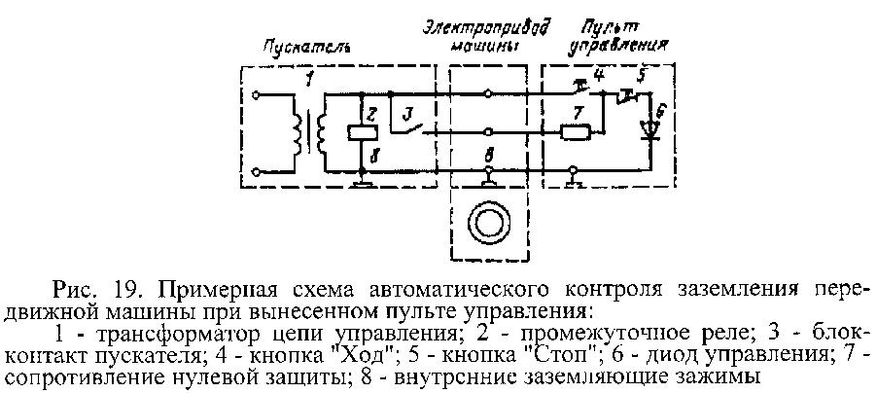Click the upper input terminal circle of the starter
(x=255, y=95)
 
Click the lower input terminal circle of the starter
(x=255, y=171)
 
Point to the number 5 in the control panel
(x=641, y=73)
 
